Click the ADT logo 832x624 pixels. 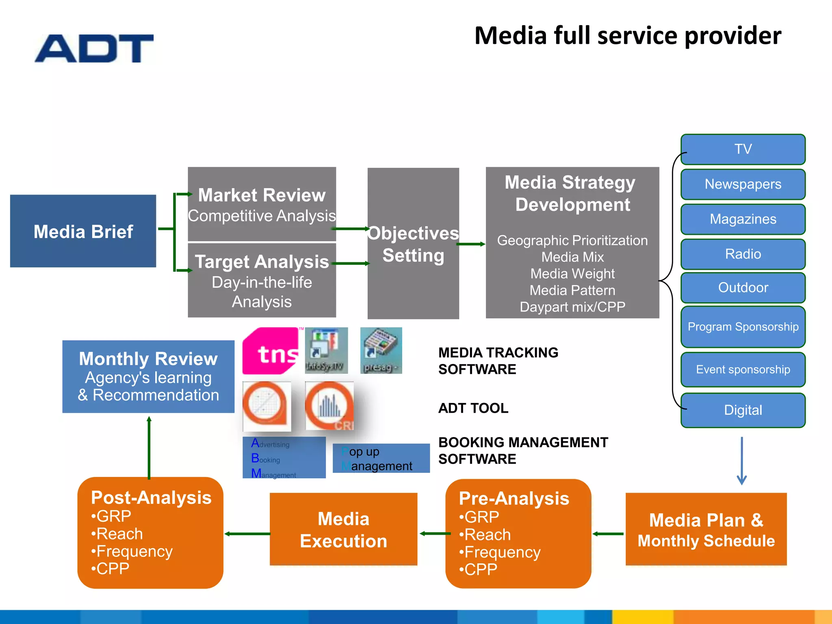pos(94,48)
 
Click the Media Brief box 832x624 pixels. pos(83,231)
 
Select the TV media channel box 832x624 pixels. pos(743,149)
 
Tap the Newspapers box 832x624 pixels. pos(743,184)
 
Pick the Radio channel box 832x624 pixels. pos(743,254)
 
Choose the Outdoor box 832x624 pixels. pos(743,288)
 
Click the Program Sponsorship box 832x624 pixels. pos(743,327)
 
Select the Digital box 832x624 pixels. pos(743,410)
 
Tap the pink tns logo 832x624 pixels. pos(271,351)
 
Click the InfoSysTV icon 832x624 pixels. pos(326,350)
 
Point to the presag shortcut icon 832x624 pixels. pos(381,350)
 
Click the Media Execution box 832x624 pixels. pos(343,529)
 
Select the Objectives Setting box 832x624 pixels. pos(413,244)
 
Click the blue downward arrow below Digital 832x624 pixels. pos(742,461)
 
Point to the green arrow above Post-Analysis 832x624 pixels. pos(149,447)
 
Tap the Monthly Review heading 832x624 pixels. pos(148,359)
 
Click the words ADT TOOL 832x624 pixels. pos(473,408)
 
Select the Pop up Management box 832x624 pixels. pos(381,458)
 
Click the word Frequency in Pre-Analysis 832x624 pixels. pos(502,552)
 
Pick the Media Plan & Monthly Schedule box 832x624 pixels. pos(706,529)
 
